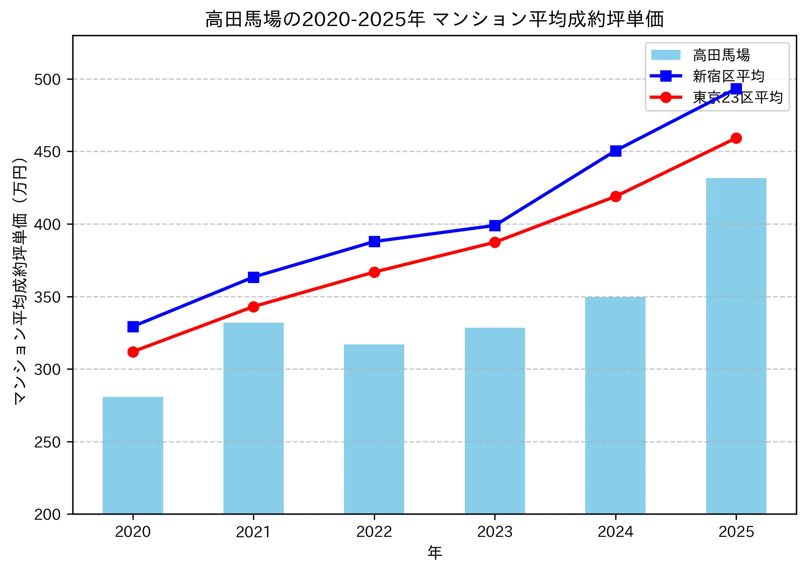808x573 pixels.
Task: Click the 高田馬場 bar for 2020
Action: click(x=133, y=455)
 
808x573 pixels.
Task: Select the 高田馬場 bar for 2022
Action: click(x=374, y=429)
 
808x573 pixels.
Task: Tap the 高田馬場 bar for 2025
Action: click(x=736, y=346)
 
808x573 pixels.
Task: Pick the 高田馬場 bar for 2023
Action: click(x=495, y=421)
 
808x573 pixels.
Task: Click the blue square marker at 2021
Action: click(x=253, y=277)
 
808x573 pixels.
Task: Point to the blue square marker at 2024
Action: click(x=616, y=151)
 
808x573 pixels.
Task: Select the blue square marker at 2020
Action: click(x=133, y=327)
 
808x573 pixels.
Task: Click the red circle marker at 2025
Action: click(x=736, y=138)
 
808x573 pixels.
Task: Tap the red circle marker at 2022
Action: click(x=374, y=272)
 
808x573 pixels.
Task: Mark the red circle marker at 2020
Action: click(x=133, y=352)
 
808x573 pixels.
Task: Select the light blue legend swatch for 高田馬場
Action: click(x=666, y=55)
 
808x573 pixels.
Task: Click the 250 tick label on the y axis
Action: click(x=47, y=442)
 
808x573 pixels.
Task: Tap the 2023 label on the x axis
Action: click(x=495, y=531)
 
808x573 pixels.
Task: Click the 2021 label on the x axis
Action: click(x=253, y=531)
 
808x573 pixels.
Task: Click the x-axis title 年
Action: click(x=435, y=552)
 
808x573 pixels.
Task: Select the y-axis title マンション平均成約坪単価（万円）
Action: click(x=20, y=281)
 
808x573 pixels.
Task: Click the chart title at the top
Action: click(x=434, y=19)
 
